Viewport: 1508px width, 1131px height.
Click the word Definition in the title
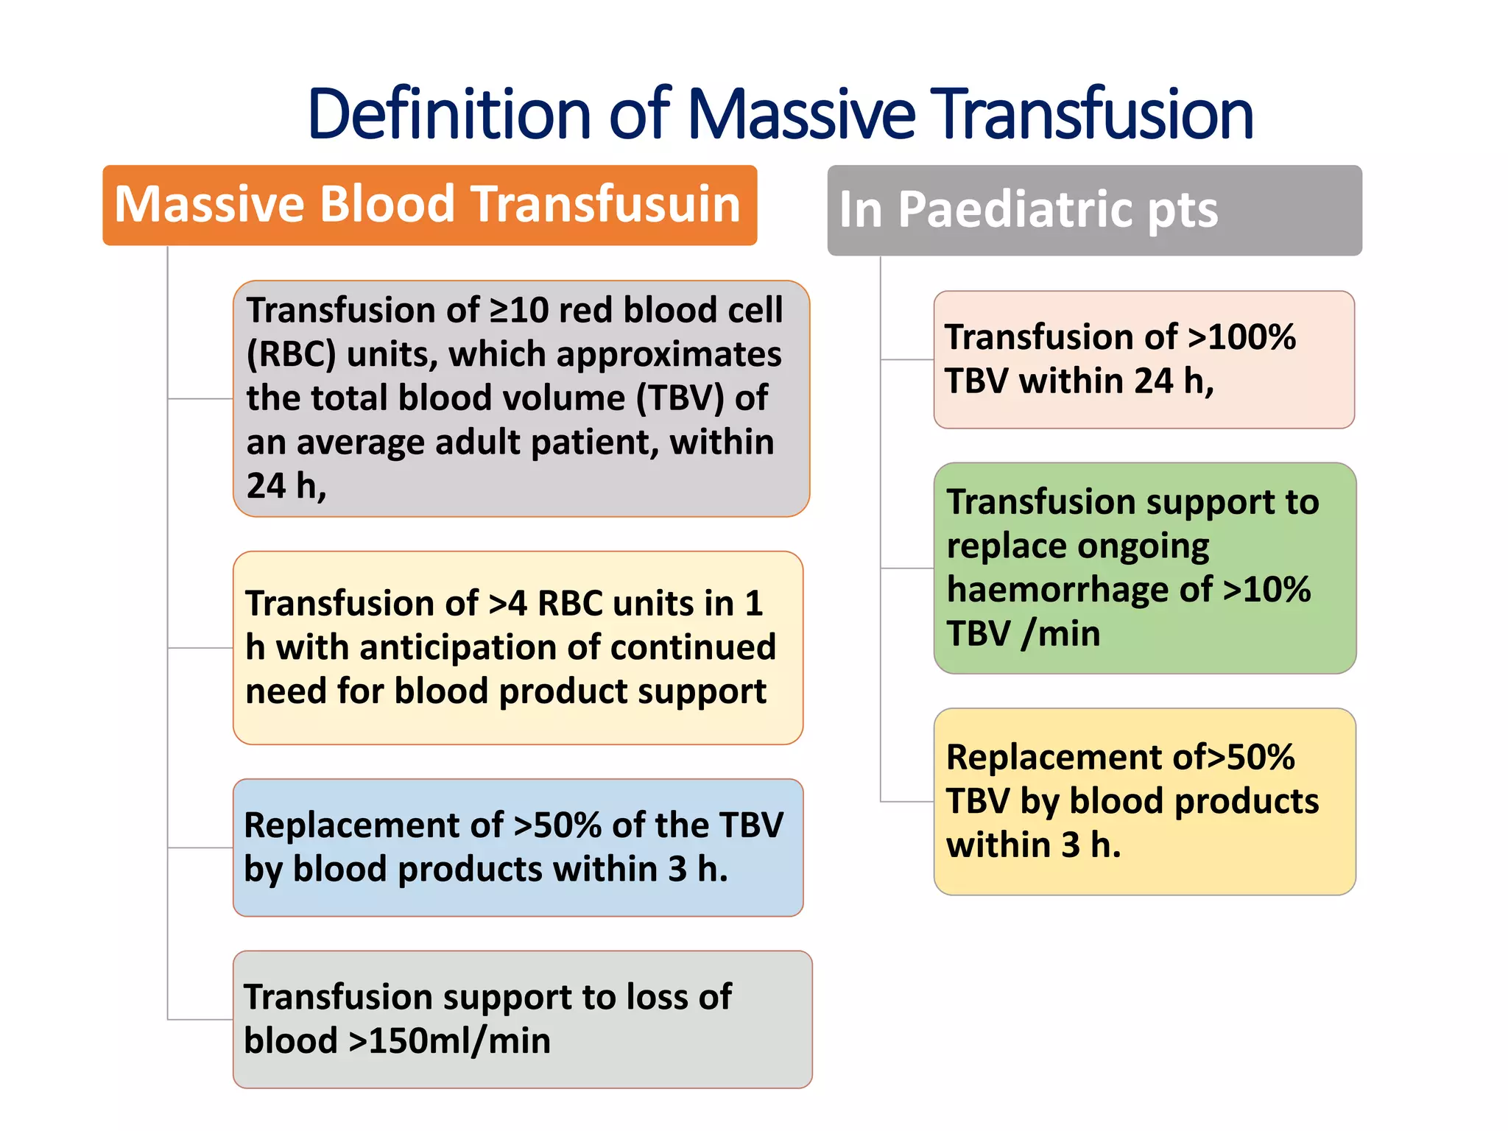tap(449, 114)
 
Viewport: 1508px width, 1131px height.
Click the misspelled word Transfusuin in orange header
tap(605, 204)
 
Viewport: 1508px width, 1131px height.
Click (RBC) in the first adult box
tap(291, 354)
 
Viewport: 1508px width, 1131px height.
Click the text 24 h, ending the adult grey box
tap(286, 486)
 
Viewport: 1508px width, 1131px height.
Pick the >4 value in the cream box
tap(508, 604)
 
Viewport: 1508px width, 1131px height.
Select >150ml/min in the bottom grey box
tap(449, 1041)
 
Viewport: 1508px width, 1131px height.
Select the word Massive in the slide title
tap(801, 114)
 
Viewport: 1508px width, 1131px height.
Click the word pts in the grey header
tap(1182, 210)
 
